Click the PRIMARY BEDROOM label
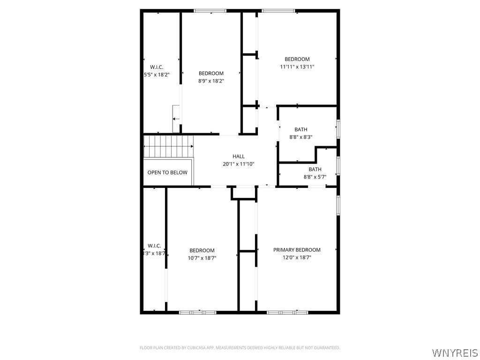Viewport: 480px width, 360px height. point(297,250)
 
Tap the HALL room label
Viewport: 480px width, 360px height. point(239,157)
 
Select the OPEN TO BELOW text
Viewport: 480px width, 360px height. point(167,172)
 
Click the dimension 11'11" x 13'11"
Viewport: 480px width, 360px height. point(297,67)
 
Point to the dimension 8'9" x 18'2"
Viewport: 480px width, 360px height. point(211,81)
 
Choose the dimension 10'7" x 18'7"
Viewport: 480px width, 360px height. point(202,258)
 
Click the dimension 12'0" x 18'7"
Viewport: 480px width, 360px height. point(297,257)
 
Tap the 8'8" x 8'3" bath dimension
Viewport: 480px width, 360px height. point(301,137)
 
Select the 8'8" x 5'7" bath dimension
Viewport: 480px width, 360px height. point(315,177)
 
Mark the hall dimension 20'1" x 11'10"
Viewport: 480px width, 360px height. point(239,164)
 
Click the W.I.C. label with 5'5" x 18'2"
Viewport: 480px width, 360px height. point(157,67)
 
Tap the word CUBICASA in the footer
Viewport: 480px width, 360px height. point(196,348)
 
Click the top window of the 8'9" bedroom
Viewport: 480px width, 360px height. point(210,11)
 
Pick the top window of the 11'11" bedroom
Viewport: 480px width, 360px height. point(278,11)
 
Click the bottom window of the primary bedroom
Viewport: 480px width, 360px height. point(287,312)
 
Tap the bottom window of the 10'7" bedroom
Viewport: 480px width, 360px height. point(197,312)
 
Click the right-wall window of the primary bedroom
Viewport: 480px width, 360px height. point(338,205)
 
